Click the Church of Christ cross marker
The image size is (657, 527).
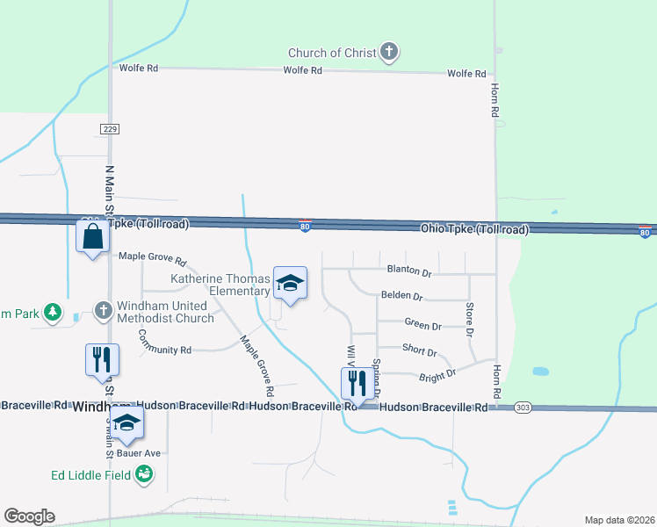pos(389,53)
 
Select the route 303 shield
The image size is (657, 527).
pos(523,408)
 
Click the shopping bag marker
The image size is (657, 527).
pos(92,237)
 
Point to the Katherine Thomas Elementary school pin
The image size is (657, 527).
pos(290,284)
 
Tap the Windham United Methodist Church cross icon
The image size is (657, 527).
pos(103,311)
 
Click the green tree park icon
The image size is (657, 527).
pos(54,312)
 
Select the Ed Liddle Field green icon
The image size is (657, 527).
pos(144,475)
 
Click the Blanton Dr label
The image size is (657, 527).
pos(408,272)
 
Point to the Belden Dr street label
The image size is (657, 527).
pos(402,297)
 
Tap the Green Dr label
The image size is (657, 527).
pos(422,325)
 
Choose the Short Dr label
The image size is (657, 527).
pos(419,351)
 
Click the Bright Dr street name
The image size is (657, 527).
pos(437,374)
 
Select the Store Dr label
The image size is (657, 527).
pos(469,320)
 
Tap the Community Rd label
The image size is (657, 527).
pos(165,350)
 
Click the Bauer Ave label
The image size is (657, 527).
pos(147,453)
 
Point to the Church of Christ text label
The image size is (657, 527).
pos(333,53)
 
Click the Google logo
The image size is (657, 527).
pos(29,516)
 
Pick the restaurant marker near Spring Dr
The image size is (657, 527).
pos(355,383)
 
